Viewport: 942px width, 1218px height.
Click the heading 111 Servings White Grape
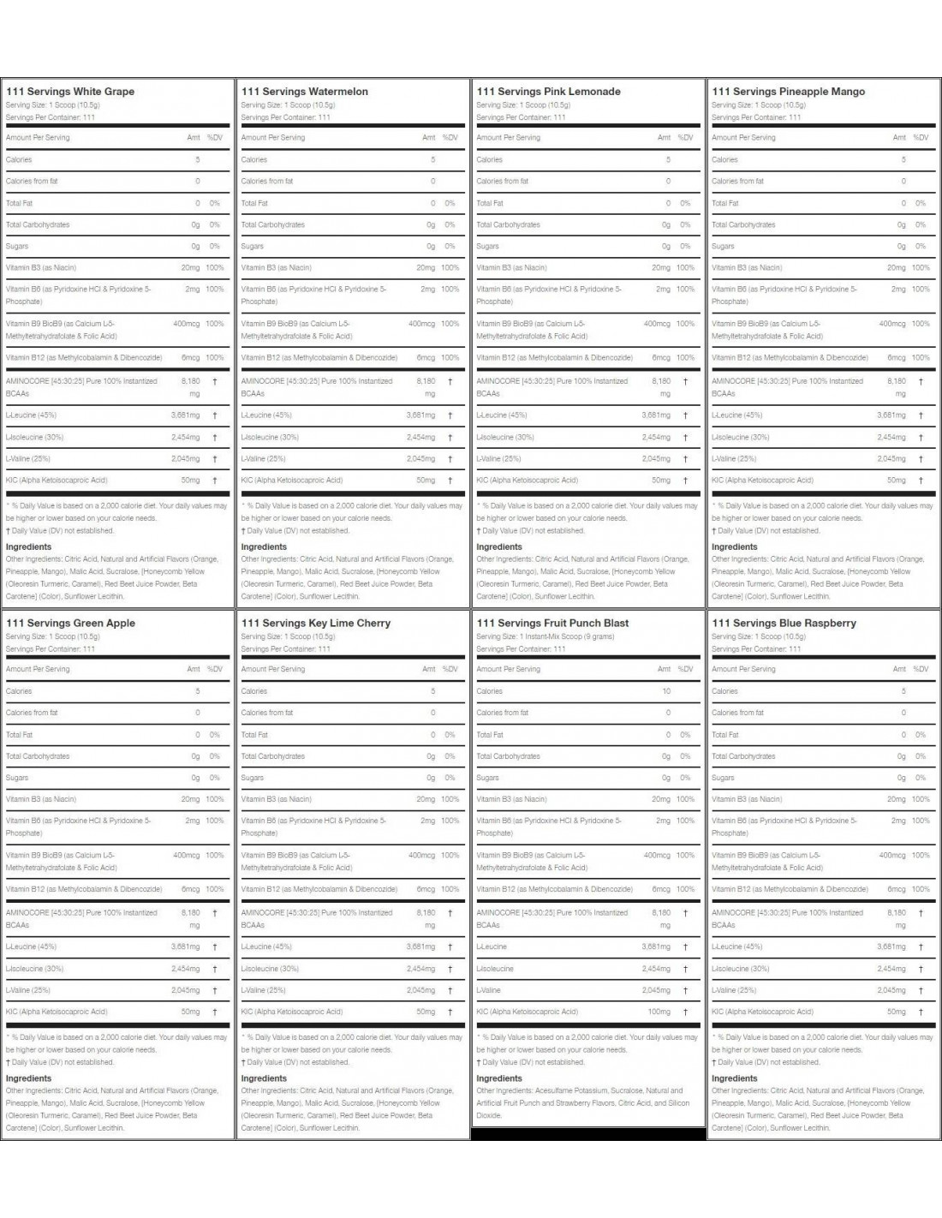click(70, 92)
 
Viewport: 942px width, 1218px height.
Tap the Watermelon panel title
click(305, 92)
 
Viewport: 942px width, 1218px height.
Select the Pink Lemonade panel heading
click(548, 92)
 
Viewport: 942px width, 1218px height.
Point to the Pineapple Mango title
click(788, 92)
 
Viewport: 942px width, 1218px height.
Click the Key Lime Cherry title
click(315, 624)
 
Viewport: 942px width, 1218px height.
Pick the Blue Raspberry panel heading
click(784, 624)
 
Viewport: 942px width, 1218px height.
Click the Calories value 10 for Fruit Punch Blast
click(666, 691)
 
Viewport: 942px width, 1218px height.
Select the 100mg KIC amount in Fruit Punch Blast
click(659, 1012)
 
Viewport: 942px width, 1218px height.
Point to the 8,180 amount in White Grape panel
click(190, 381)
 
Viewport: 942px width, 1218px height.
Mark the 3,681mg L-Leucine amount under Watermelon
click(420, 415)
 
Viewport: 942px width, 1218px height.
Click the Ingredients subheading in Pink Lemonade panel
click(499, 546)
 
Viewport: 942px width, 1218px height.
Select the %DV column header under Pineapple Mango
click(921, 137)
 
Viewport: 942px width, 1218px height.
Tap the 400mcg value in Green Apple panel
click(186, 855)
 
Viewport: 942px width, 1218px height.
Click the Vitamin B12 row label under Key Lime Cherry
click(319, 889)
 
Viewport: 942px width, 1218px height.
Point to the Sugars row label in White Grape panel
click(17, 246)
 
